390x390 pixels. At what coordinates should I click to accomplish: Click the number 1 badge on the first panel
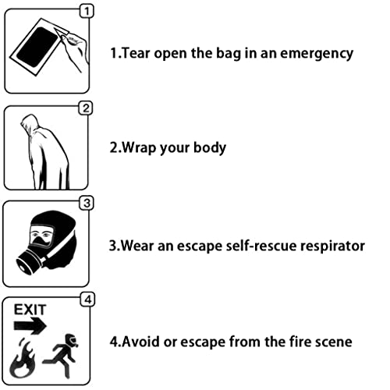(87, 12)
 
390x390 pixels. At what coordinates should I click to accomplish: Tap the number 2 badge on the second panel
(86, 108)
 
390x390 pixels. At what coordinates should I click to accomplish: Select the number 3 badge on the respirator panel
(87, 204)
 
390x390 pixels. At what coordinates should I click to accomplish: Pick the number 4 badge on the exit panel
(88, 300)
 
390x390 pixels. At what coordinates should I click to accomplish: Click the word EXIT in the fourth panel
(30, 310)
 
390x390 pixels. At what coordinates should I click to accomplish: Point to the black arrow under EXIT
(30, 325)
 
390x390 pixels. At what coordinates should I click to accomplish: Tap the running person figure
(62, 356)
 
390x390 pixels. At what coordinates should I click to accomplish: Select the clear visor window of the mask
(42, 236)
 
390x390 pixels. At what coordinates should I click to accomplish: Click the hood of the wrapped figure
(30, 124)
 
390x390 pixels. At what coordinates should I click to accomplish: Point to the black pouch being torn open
(37, 47)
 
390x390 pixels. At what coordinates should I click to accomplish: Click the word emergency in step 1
(317, 54)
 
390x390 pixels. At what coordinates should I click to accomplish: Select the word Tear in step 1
(136, 53)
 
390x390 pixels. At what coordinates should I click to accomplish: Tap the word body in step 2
(210, 148)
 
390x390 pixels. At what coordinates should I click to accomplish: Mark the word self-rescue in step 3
(261, 246)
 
